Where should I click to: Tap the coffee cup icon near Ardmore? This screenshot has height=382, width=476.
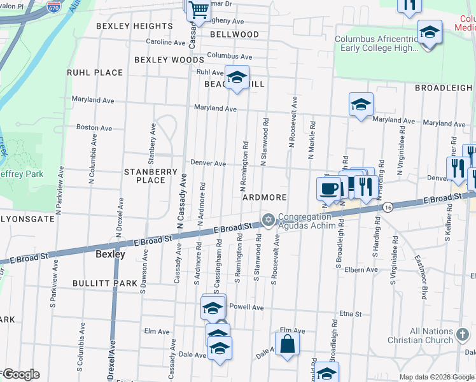pos(328,188)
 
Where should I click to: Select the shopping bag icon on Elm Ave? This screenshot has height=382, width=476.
pos(287,344)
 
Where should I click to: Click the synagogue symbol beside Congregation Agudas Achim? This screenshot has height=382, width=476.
pos(269,220)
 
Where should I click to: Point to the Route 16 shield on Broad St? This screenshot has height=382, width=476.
pos(387,206)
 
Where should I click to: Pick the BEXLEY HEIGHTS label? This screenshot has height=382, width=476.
pos(134,26)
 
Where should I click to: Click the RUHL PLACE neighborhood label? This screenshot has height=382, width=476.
pos(95,73)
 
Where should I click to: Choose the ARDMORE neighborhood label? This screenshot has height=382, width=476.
pos(264,197)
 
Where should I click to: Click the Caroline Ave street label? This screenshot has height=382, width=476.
pos(165,42)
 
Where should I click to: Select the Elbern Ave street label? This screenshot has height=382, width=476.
pos(363,270)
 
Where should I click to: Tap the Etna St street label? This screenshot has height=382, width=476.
pos(350,314)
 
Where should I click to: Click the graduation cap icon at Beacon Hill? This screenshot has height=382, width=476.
pos(237,78)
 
